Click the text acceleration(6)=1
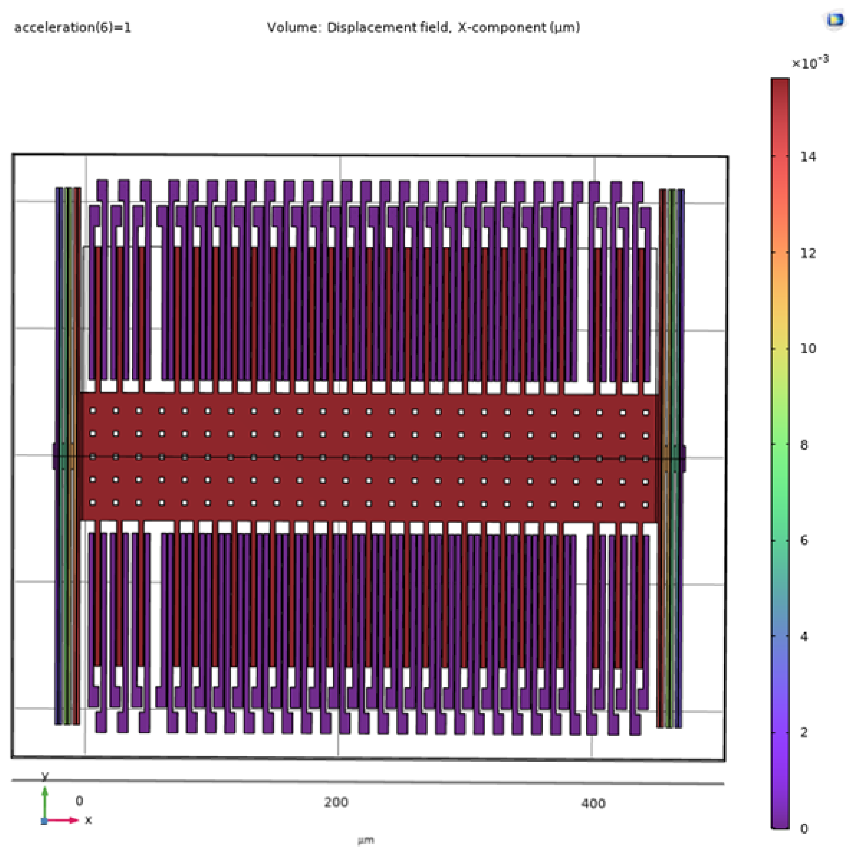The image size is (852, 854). coord(73,28)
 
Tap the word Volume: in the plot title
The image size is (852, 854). coord(293,28)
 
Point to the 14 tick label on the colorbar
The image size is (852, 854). coord(808,157)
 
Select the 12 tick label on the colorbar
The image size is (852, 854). coord(808,254)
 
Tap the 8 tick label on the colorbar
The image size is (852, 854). coord(804,445)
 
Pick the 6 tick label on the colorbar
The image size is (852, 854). coord(804,540)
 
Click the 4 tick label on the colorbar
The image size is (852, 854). coord(804,636)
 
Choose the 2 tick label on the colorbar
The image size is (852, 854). coord(804,732)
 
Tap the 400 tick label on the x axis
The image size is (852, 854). coord(593,803)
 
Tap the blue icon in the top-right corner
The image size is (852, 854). coord(835,20)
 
